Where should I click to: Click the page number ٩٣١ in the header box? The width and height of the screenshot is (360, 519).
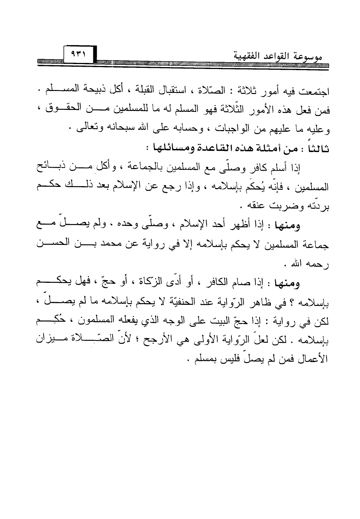point(77,54)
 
